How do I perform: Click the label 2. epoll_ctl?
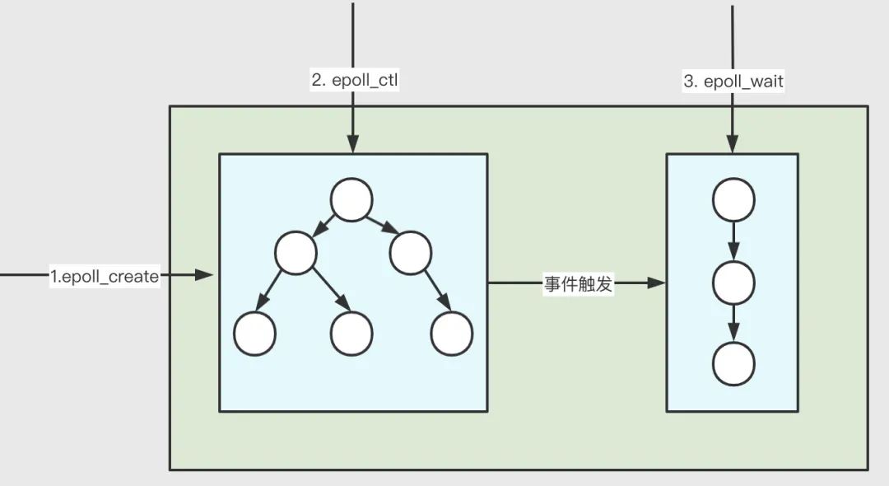352,80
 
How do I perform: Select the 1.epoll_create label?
104,277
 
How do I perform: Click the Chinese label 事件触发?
579,284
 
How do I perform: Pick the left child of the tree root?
296,253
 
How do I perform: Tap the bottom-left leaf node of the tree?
254,334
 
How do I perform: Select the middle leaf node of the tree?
351,334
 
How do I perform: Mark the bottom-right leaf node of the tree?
452,334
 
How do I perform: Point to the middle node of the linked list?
733,283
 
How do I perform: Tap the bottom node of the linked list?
733,364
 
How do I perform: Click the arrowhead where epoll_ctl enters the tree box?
352,146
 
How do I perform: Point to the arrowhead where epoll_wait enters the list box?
732,146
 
